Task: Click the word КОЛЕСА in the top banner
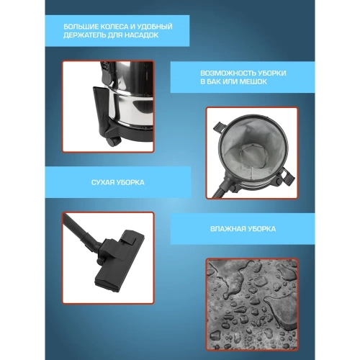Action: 112,26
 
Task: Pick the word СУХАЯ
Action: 103,182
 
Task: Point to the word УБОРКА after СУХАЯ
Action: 131,182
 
